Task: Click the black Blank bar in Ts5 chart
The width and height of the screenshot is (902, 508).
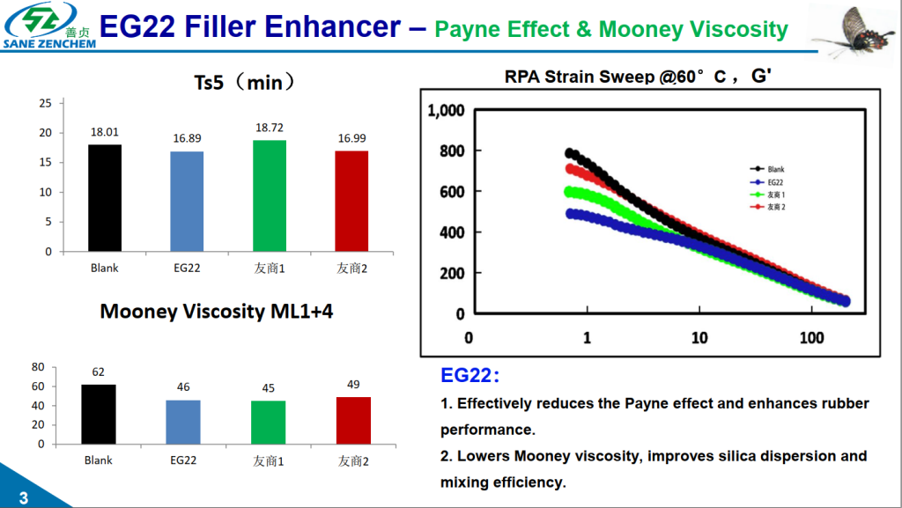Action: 105,198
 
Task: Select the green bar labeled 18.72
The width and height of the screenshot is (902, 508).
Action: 270,195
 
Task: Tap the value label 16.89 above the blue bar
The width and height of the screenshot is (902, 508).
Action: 188,138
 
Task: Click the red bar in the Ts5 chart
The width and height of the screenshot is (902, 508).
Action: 351,201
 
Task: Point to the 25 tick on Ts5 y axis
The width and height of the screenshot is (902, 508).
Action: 46,103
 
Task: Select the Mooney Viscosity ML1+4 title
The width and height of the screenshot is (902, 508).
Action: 217,312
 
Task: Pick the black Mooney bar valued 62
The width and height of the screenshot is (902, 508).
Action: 98,414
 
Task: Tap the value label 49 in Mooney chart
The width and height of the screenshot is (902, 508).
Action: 353,385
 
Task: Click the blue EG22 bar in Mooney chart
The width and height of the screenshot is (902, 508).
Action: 183,422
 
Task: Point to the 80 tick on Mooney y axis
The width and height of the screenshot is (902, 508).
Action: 38,367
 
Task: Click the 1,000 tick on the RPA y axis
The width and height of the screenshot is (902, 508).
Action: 445,111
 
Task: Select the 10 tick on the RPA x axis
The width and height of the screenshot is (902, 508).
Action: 699,338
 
